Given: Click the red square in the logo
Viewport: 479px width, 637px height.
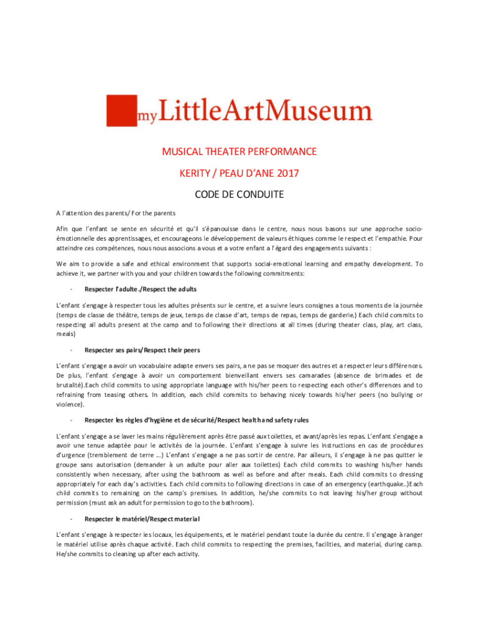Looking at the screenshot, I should (120, 111).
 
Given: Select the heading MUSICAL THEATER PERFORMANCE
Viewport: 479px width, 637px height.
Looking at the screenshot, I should (240, 151).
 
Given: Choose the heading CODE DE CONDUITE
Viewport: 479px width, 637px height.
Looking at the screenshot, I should (240, 195).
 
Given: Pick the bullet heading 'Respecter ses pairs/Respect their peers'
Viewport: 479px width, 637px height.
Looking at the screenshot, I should (142, 350).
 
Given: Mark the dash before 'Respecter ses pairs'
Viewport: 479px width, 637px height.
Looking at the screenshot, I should (73, 350).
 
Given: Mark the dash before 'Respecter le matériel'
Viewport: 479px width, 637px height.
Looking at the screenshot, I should (73, 518).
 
